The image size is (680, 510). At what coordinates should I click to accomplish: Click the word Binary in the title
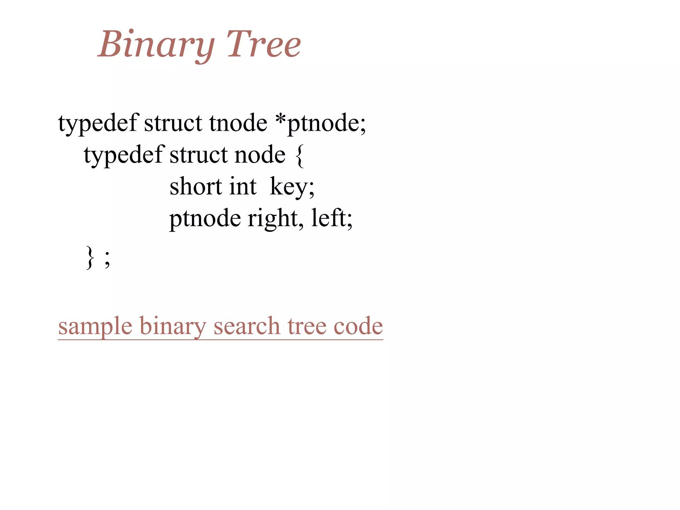(156, 44)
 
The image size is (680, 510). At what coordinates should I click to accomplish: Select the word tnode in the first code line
(238, 123)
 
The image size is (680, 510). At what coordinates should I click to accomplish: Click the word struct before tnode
(173, 123)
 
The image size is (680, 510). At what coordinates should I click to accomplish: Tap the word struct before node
(199, 155)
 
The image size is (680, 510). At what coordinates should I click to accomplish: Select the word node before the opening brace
(260, 155)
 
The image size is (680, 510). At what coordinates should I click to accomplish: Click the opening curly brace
(299, 156)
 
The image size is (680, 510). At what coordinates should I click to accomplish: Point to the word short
(196, 186)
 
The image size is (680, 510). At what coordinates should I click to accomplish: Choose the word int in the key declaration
(243, 186)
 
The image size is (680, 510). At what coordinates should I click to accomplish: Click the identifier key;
(292, 187)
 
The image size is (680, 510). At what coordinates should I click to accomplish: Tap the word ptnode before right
(205, 218)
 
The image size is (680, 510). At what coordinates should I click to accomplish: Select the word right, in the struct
(275, 218)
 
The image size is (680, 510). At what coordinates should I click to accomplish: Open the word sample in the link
(95, 326)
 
